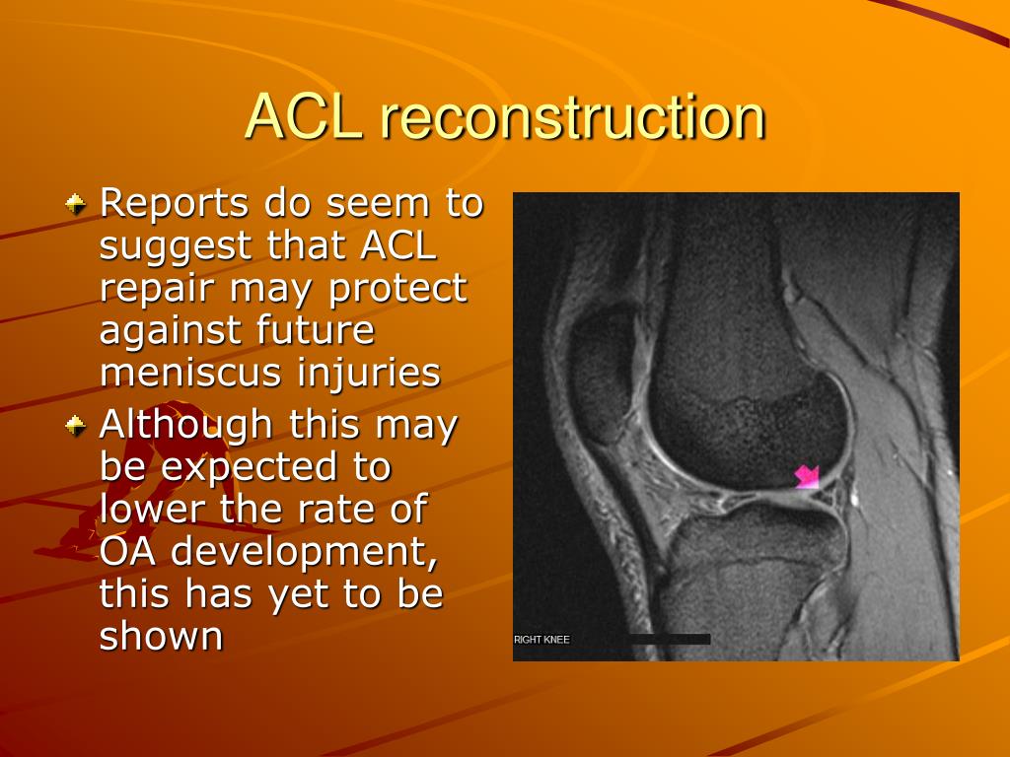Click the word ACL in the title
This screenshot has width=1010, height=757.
pyautogui.click(x=304, y=117)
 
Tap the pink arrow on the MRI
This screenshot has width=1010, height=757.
pyautogui.click(x=807, y=477)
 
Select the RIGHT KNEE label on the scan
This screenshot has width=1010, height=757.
pyautogui.click(x=541, y=639)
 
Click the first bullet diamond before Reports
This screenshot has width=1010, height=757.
pyautogui.click(x=76, y=204)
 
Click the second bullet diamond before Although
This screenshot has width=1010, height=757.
pyautogui.click(x=76, y=426)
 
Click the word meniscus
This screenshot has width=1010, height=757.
pyautogui.click(x=191, y=373)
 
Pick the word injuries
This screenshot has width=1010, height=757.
pyautogui.click(x=369, y=373)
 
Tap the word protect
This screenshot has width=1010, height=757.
pyautogui.click(x=397, y=289)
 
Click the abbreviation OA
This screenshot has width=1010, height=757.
pyautogui.click(x=128, y=551)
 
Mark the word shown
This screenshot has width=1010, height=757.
pyautogui.click(x=161, y=636)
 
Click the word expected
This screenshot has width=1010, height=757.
pyautogui.click(x=276, y=468)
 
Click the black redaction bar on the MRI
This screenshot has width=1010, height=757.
pyautogui.click(x=670, y=639)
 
